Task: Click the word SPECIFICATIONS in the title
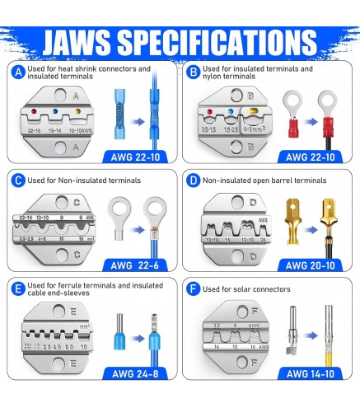point(221,40)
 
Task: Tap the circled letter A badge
point(18,73)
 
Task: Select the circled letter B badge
point(194,73)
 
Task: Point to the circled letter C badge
point(18,179)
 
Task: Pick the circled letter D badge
point(194,179)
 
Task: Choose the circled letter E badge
point(18,288)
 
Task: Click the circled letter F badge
point(194,288)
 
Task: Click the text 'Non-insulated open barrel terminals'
point(264,179)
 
